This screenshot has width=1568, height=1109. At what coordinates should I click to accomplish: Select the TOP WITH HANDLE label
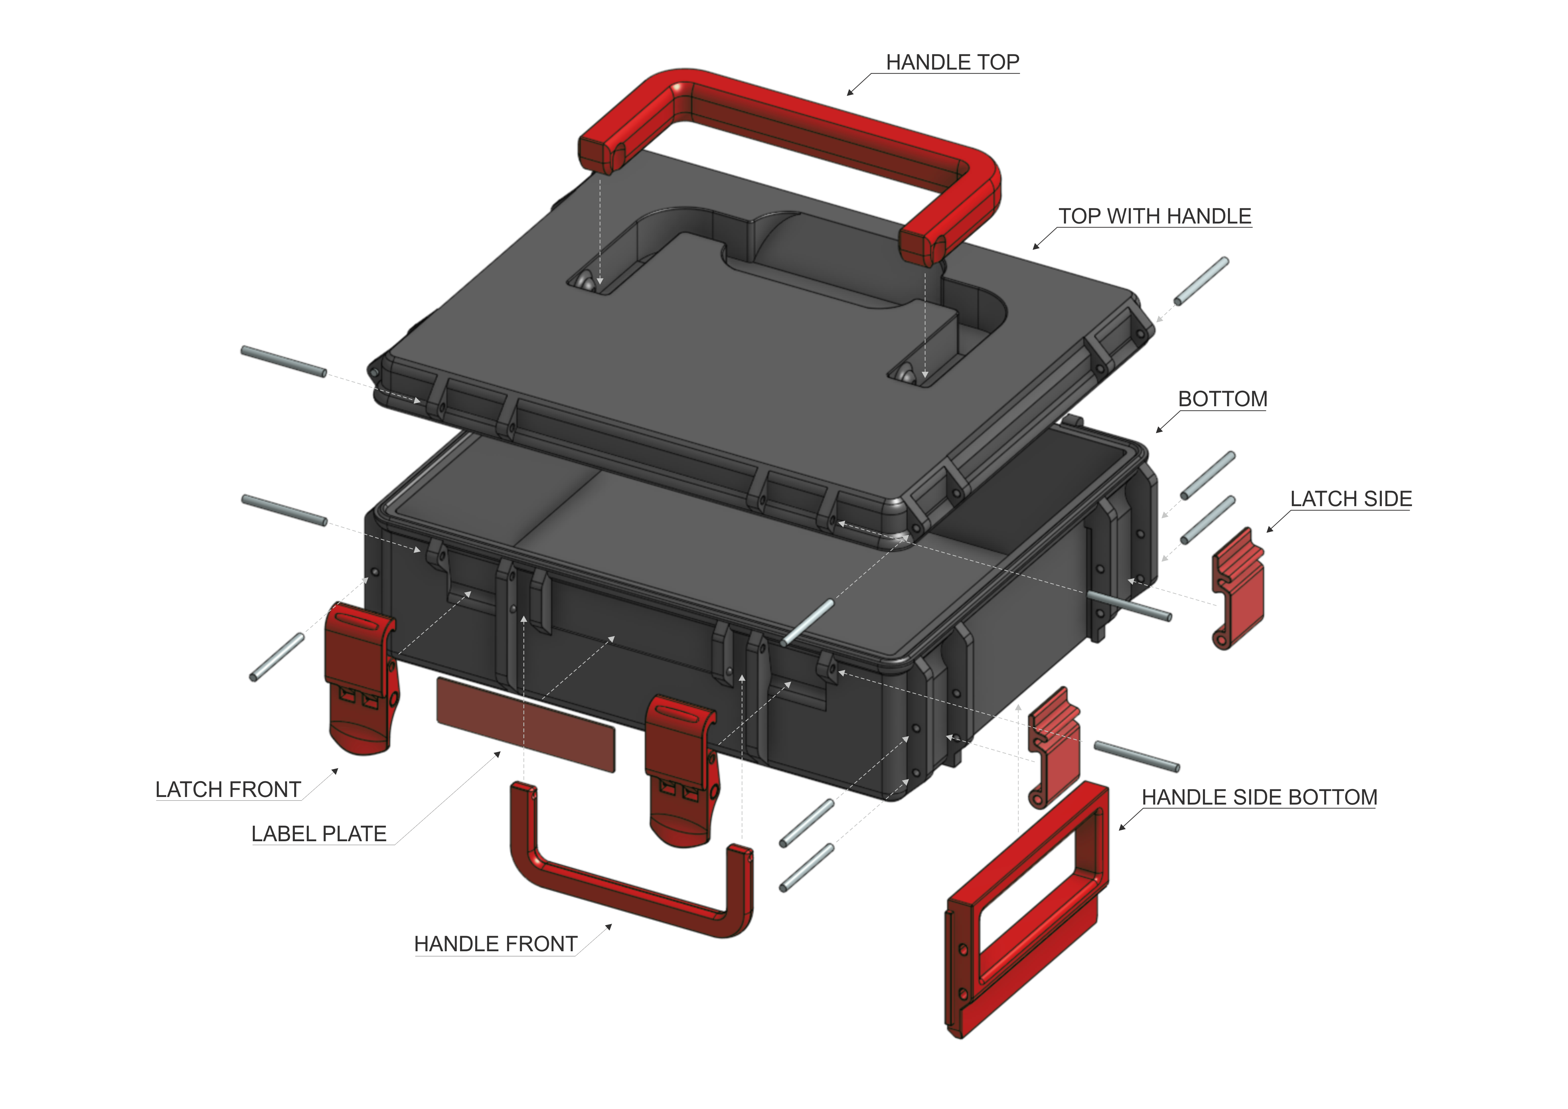click(1154, 216)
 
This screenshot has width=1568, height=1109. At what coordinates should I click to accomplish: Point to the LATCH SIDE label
click(1350, 499)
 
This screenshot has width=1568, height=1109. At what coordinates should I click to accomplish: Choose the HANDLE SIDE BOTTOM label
click(1259, 797)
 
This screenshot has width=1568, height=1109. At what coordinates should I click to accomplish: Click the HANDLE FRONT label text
click(495, 944)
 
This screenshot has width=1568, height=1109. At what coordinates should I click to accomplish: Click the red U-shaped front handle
click(628, 888)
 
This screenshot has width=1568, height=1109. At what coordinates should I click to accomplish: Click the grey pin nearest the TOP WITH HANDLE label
click(1200, 282)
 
